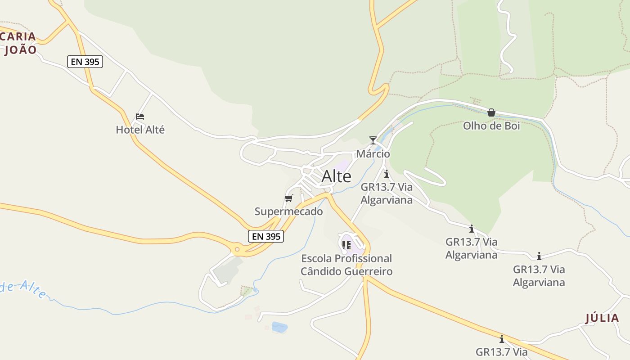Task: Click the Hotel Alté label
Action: pos(140,130)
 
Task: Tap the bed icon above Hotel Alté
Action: pos(140,117)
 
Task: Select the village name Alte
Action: pos(336,176)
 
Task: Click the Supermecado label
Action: pos(288,211)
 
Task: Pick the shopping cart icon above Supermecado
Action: pos(289,198)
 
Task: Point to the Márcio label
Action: pos(373,154)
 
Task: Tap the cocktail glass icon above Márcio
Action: pos(373,140)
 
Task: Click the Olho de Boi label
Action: pos(491,126)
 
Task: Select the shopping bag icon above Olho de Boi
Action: pos(491,112)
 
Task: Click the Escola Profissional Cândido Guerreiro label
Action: pos(346,265)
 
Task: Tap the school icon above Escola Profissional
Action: pos(346,245)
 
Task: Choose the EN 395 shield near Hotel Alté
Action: pos(85,62)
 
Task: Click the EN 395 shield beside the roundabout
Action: pos(266,236)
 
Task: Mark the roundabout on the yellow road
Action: pos(237,249)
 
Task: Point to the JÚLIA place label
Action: pos(602,318)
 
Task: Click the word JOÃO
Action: pos(20,50)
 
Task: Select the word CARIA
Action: pos(18,37)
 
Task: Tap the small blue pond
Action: pos(279,327)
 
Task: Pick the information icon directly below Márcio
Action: pos(386,174)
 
